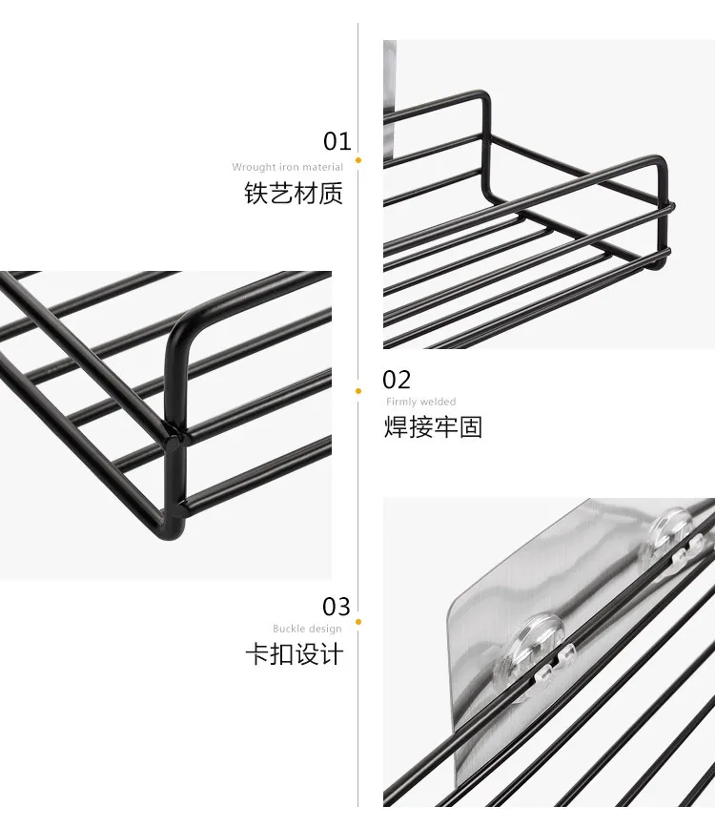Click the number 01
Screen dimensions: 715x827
[337, 142]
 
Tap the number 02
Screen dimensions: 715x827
[397, 380]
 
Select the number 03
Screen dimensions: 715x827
[337, 607]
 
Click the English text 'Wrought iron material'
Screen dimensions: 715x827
[287, 167]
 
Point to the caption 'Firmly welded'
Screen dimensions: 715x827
[420, 402]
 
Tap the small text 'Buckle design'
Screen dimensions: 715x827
[307, 629]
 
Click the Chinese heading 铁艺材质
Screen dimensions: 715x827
[294, 194]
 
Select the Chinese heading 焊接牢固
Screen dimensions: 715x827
[433, 426]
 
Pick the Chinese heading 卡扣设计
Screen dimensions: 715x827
[294, 654]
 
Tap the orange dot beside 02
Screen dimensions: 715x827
[358, 390]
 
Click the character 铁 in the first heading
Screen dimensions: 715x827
[256, 194]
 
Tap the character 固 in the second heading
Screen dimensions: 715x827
[470, 426]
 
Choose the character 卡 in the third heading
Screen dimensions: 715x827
[256, 654]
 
